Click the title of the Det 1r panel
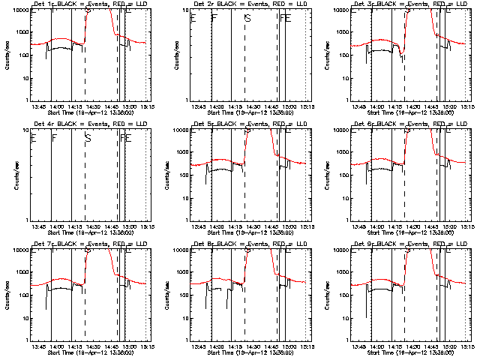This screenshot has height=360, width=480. click(88, 4)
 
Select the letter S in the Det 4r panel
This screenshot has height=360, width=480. click(88, 137)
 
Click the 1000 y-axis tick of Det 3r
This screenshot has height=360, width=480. click(346, 32)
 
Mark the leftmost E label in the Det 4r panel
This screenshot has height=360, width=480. click(33, 137)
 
